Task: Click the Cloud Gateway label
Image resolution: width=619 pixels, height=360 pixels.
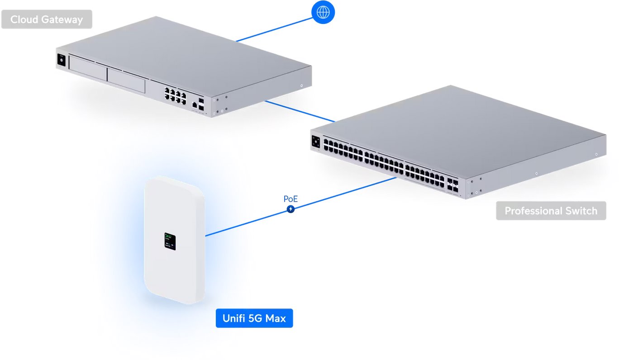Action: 47,19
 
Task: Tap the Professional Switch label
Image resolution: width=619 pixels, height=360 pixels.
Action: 551,211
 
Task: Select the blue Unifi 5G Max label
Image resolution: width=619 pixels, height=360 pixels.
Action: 254,318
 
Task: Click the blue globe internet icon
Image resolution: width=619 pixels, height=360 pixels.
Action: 323,12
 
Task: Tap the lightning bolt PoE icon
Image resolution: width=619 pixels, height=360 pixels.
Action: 290,209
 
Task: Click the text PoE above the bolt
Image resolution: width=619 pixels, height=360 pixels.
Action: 290,199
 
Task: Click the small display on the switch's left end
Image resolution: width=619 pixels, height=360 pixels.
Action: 315,141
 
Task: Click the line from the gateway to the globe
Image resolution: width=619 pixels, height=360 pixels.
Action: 274,28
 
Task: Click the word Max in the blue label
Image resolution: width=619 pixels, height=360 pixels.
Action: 276,318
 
